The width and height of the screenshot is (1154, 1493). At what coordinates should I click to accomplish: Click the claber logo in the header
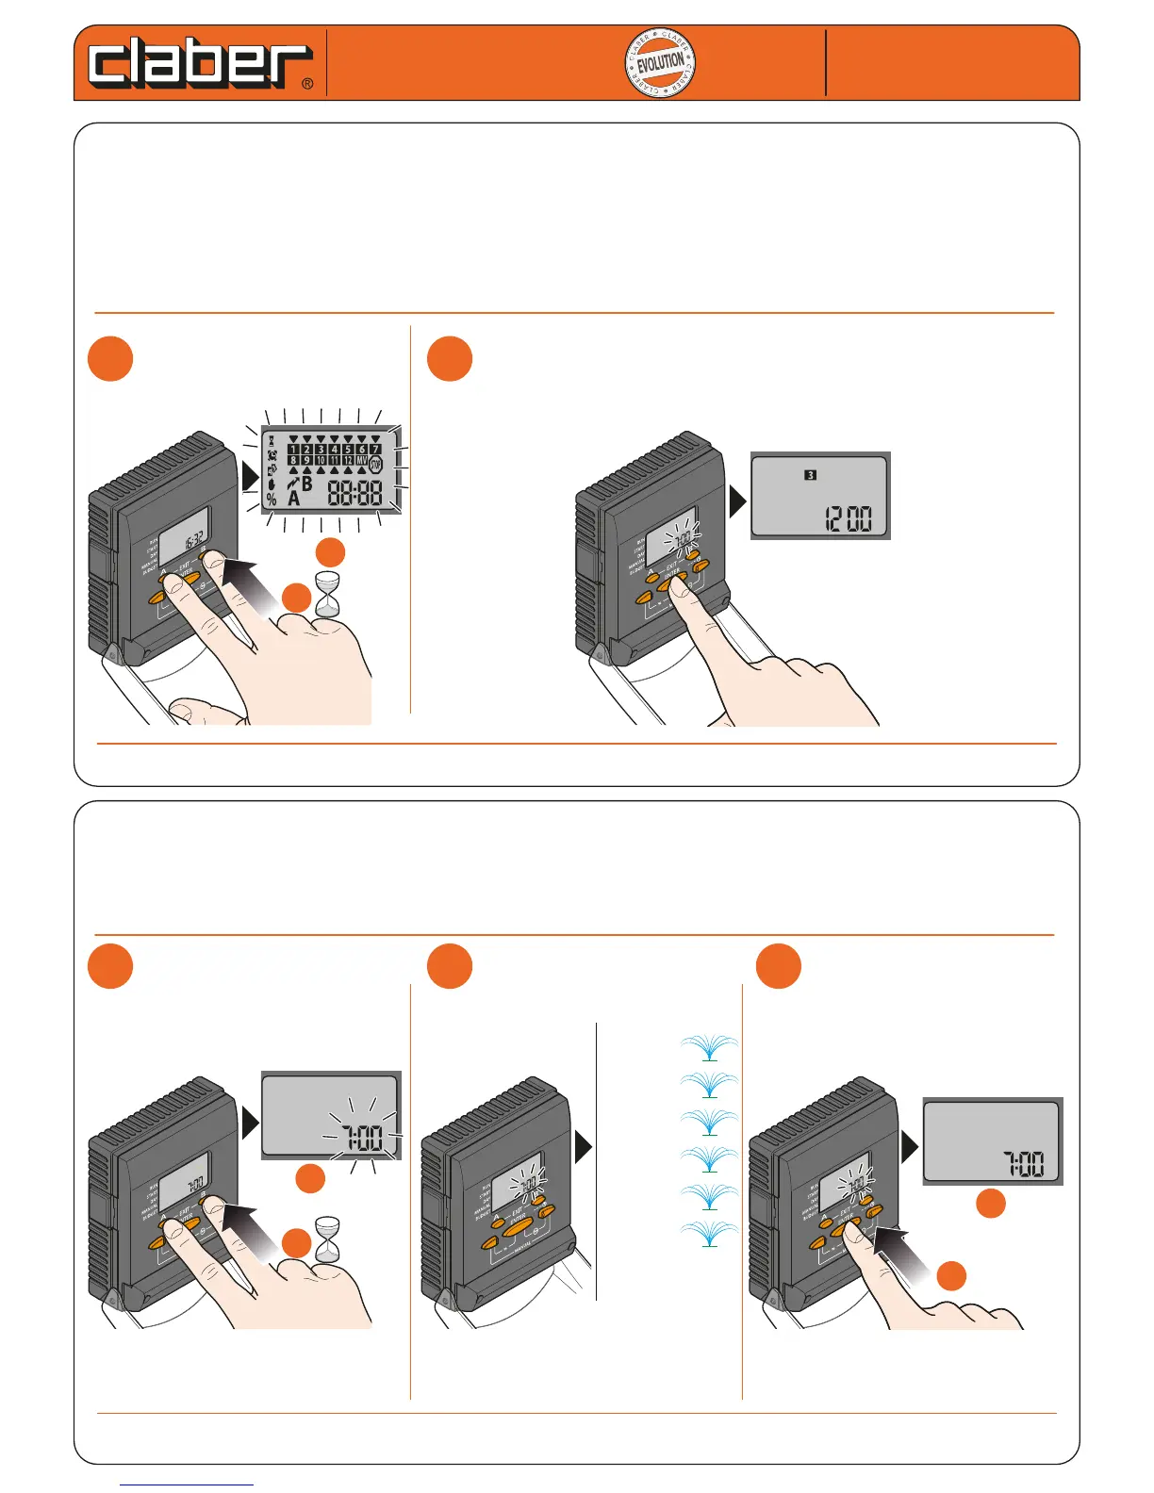pyautogui.click(x=199, y=64)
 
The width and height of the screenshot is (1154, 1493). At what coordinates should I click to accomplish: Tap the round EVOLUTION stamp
pyautogui.click(x=660, y=63)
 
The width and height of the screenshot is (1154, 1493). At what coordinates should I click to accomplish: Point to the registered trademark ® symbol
pyautogui.click(x=307, y=84)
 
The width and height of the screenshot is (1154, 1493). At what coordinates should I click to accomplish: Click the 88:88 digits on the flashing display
pyautogui.click(x=354, y=492)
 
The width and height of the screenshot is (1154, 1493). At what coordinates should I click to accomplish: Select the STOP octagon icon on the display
pyautogui.click(x=375, y=465)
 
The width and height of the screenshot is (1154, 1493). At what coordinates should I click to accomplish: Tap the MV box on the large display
pyautogui.click(x=361, y=461)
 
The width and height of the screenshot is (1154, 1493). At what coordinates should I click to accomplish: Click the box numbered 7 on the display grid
pyautogui.click(x=375, y=450)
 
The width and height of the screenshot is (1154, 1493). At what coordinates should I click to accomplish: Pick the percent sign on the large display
pyautogui.click(x=272, y=500)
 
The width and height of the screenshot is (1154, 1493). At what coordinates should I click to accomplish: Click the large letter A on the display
pyautogui.click(x=293, y=498)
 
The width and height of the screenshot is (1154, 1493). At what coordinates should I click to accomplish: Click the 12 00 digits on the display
pyautogui.click(x=848, y=518)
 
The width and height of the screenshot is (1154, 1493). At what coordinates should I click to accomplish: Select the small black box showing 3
pyautogui.click(x=810, y=475)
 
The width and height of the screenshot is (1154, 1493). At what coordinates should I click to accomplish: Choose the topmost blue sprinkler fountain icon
pyautogui.click(x=709, y=1047)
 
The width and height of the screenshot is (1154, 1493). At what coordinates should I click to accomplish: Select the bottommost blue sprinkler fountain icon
pyautogui.click(x=709, y=1234)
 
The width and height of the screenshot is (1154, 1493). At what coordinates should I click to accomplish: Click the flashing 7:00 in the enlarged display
pyautogui.click(x=361, y=1139)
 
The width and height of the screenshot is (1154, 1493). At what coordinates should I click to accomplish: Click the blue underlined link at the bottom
pyautogui.click(x=187, y=1485)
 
